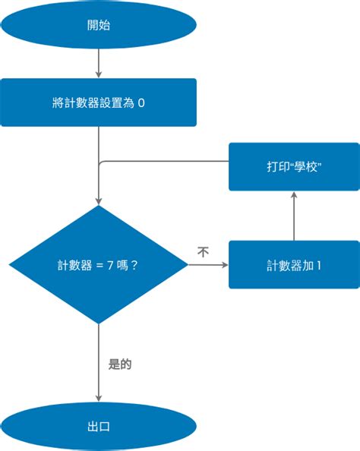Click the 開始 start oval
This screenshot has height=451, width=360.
point(98,25)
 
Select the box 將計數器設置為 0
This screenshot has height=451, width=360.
point(98,102)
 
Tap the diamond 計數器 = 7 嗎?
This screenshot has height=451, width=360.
point(98,265)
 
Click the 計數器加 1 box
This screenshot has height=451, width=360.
point(294,265)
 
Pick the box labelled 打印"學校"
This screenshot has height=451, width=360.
point(294,166)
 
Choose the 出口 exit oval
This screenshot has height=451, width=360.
point(98,427)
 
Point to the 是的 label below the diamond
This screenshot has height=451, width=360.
point(120,364)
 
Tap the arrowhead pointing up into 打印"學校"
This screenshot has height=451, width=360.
point(294,194)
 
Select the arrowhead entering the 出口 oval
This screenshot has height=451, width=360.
point(98,399)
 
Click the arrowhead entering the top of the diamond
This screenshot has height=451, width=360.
point(98,201)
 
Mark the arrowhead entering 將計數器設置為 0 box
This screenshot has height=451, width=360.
point(98,74)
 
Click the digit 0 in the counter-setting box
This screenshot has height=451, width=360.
point(141,103)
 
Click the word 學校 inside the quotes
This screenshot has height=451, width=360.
point(300,166)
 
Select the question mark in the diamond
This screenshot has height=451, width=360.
point(134,266)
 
